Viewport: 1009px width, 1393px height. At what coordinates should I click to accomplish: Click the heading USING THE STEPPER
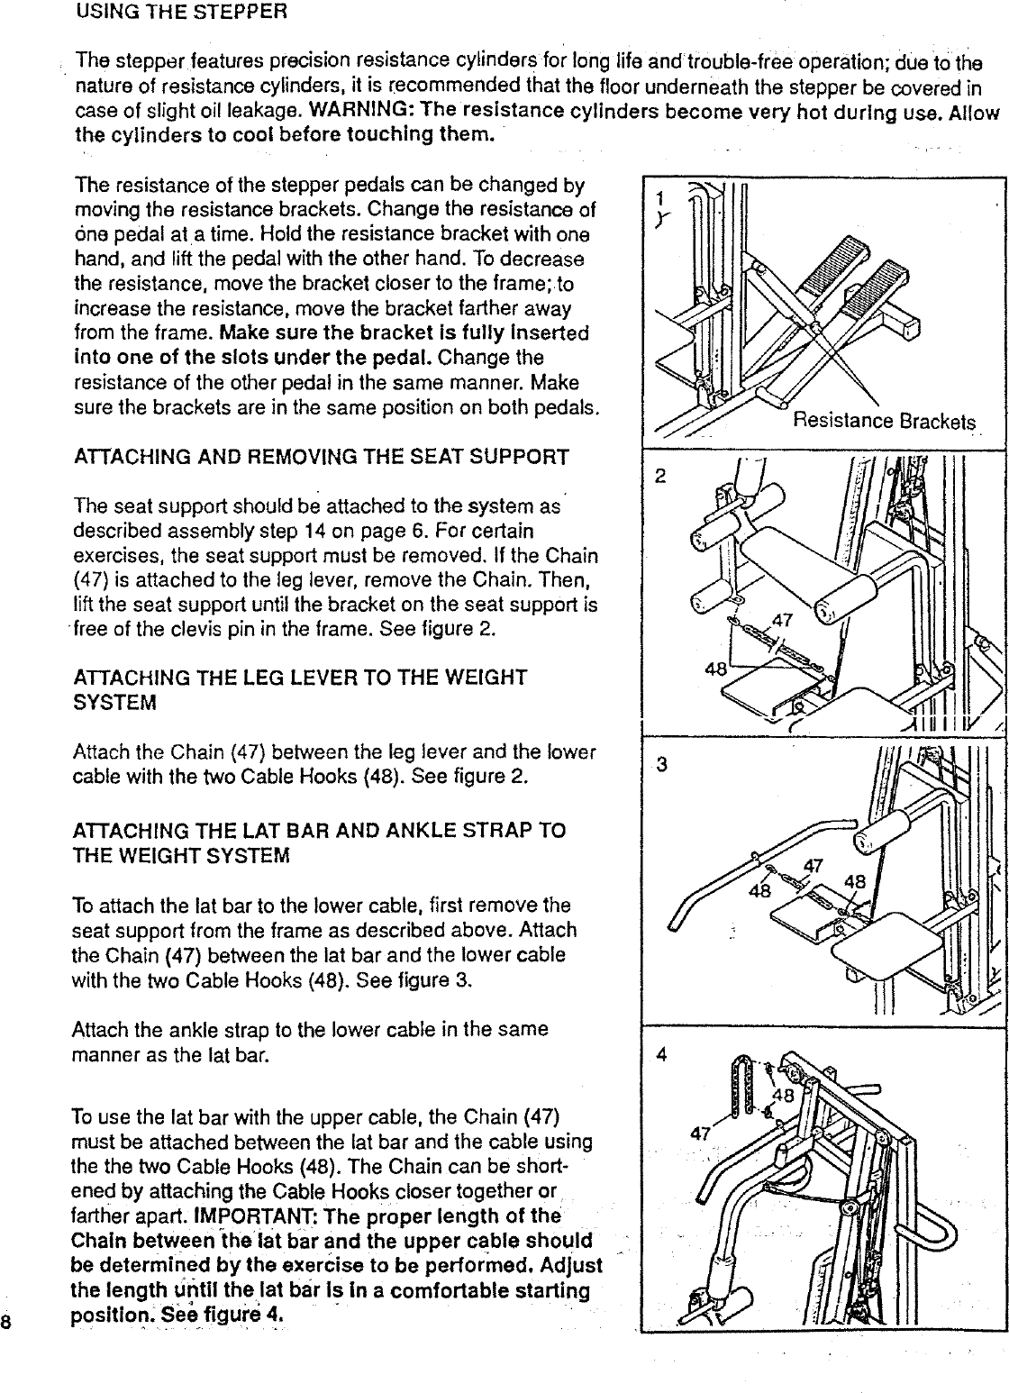click(181, 14)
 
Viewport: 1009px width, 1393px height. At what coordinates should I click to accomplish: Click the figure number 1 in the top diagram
click(661, 197)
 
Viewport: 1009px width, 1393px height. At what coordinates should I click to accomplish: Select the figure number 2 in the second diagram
click(660, 478)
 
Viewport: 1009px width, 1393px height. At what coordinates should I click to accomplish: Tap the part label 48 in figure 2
click(715, 669)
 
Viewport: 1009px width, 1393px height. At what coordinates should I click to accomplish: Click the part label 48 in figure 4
click(782, 1097)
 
